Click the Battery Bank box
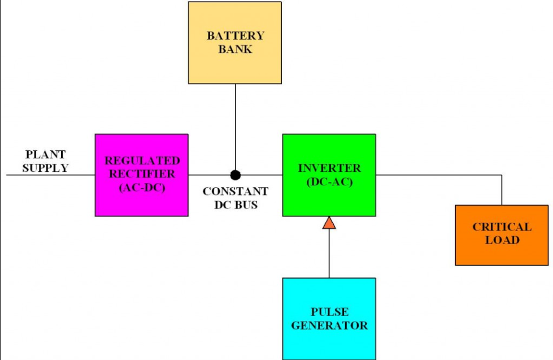coord(235,43)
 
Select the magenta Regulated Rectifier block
coord(141,175)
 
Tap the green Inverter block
coord(329,175)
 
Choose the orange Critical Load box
coord(502,235)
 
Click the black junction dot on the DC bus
coord(235,175)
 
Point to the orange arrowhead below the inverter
coord(329,223)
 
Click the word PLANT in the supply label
coord(46,155)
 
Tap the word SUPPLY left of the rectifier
coord(46,168)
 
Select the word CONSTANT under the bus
coord(235,191)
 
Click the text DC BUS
coord(236,205)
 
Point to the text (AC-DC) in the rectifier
coord(142,188)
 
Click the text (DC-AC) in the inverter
coord(329,182)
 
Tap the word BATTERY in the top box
coord(236,36)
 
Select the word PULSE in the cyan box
coord(330,312)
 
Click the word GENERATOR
coord(329,326)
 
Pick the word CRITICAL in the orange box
coord(502,227)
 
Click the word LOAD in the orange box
coord(502,240)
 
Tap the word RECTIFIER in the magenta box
coord(142,174)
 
